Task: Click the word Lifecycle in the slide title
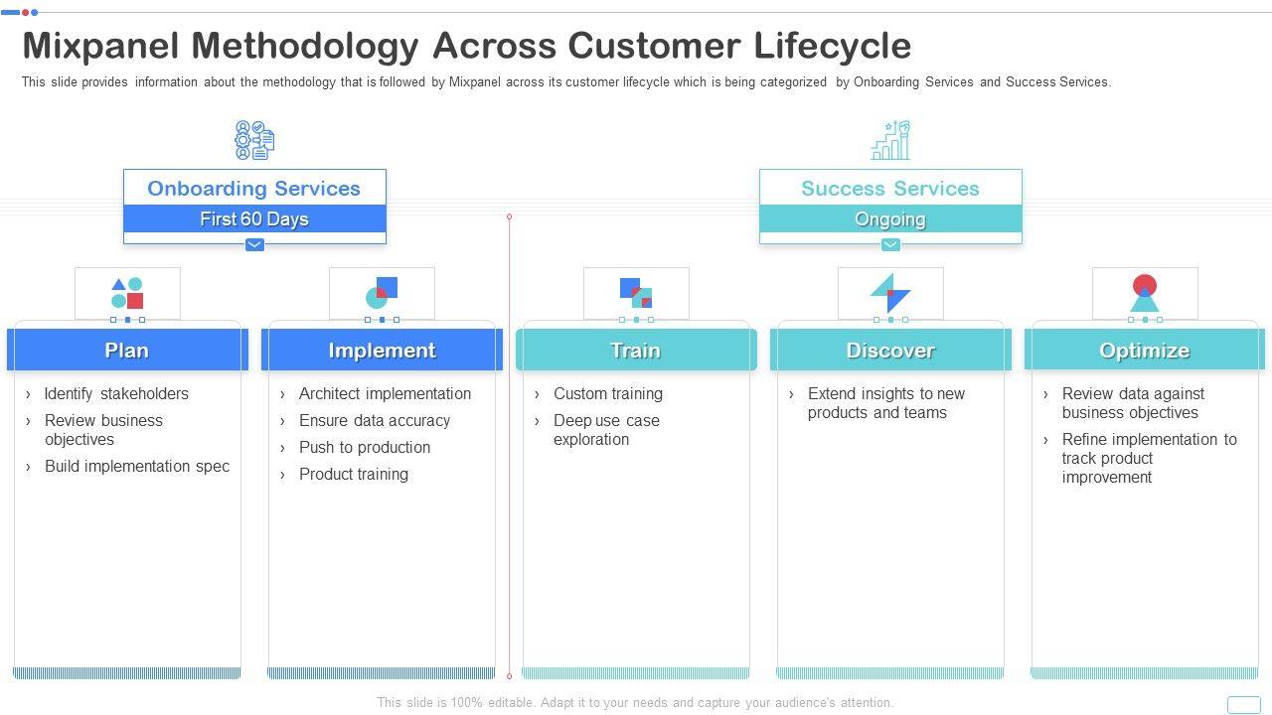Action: point(833,47)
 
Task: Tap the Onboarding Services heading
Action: point(253,189)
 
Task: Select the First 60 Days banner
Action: point(254,219)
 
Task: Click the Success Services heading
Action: point(890,189)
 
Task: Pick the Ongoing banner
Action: point(890,219)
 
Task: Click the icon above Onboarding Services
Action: point(254,140)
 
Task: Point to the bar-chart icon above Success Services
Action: point(890,140)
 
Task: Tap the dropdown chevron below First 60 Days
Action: point(254,244)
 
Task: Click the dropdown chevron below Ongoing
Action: point(890,244)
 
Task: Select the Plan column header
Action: point(127,351)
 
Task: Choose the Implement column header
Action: point(382,351)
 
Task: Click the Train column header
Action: point(636,351)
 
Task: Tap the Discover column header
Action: point(890,351)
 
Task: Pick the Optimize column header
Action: point(1145,351)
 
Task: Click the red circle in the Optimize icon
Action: point(1145,284)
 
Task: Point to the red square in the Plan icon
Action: point(135,300)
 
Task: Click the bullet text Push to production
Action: point(365,447)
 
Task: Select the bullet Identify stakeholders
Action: point(116,393)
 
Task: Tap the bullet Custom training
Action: point(608,393)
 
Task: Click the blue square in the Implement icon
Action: point(388,287)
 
